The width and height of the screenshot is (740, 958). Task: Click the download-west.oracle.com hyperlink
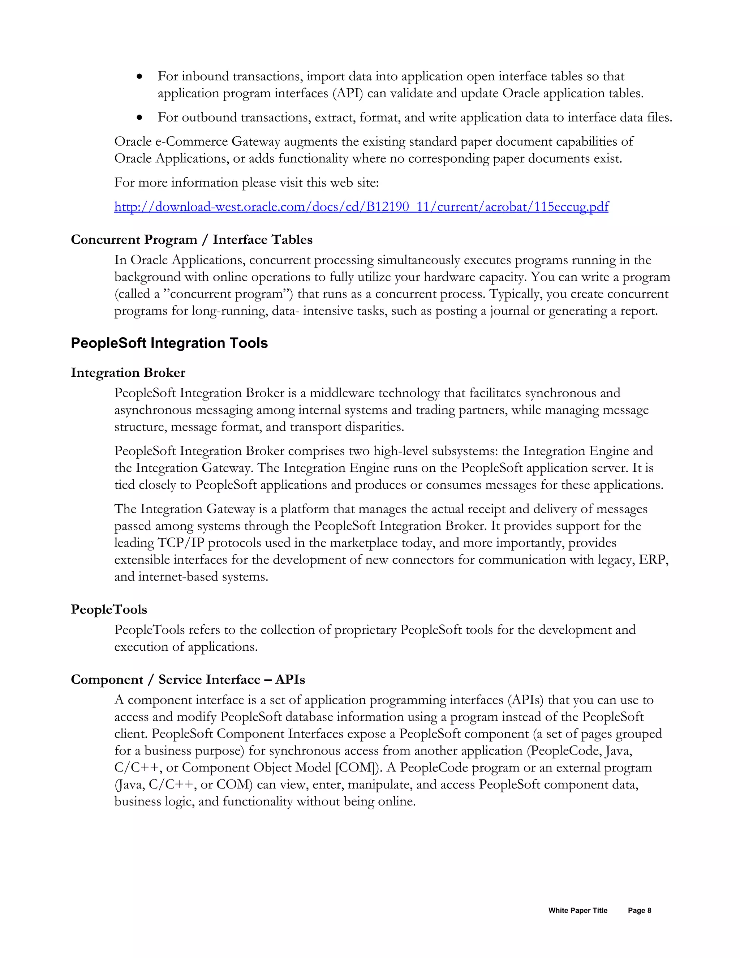[x=361, y=206]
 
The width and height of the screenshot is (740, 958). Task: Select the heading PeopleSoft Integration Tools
[x=169, y=343]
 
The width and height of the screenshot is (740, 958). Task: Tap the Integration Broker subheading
[x=128, y=373]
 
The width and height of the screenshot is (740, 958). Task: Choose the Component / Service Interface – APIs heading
[x=188, y=680]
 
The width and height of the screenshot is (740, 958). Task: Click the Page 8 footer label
[x=639, y=911]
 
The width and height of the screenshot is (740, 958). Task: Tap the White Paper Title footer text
[x=577, y=911]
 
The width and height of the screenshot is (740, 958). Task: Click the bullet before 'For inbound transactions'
[x=140, y=77]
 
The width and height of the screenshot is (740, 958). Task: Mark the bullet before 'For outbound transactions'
[x=140, y=118]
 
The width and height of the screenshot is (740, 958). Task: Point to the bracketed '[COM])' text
[x=358, y=767]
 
